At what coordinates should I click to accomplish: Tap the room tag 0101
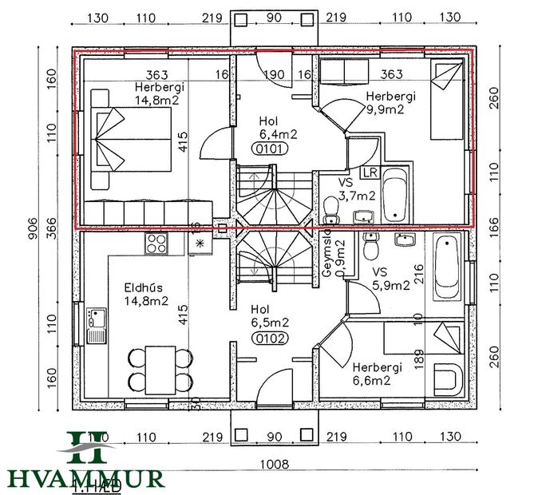268,148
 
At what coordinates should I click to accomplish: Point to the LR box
370,172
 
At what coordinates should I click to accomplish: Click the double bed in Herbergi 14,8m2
131,141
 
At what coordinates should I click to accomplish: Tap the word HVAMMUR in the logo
86,479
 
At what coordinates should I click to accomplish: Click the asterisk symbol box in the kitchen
200,243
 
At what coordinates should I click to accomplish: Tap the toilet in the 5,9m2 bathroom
370,248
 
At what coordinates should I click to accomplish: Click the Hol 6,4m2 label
268,128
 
